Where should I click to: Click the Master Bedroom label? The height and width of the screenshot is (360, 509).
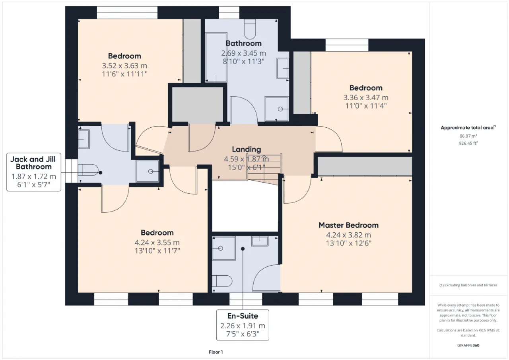coord(348,225)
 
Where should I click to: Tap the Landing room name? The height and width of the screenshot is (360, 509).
coord(246,149)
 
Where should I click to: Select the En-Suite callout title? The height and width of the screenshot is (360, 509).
coord(243,316)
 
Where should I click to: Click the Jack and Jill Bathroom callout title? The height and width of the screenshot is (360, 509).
coord(33,163)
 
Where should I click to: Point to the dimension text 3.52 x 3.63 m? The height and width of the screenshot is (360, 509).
coord(124,66)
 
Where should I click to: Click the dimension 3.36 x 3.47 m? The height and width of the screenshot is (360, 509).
coord(366,97)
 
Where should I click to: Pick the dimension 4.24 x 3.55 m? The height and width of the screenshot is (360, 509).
coord(157,243)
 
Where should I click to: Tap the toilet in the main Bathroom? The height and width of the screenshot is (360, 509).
coord(250,29)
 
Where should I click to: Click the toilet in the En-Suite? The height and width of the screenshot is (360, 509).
coord(222,281)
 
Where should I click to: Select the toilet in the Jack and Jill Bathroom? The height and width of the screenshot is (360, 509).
coord(88,170)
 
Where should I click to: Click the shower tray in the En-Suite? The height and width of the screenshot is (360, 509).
coord(224,248)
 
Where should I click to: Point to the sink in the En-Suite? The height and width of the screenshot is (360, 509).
coord(260,241)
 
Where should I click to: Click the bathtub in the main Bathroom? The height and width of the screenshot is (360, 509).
coord(216,57)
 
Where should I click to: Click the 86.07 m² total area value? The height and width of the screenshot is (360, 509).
coord(468,136)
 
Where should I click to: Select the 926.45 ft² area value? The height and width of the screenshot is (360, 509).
coord(468,143)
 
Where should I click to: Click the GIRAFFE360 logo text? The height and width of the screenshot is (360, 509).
coord(468,345)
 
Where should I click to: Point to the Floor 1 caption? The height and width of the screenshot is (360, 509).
coord(216,352)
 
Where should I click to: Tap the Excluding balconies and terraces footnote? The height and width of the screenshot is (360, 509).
coord(468,285)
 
